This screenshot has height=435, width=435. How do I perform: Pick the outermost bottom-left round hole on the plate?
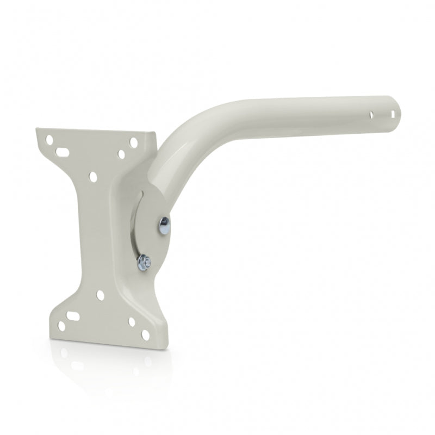tap(61, 326)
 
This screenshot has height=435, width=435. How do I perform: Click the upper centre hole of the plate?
tap(93, 177)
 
